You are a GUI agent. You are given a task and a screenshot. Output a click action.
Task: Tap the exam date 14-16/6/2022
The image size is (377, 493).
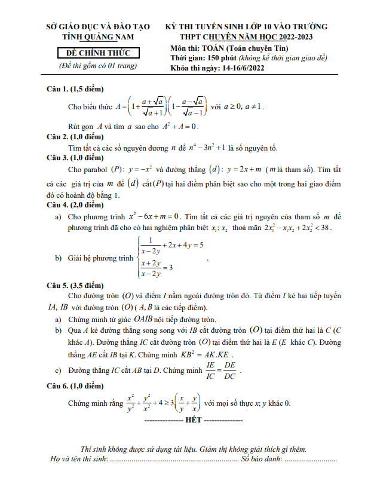coord(234,68)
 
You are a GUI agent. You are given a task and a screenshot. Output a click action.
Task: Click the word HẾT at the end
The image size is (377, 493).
coord(194,421)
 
